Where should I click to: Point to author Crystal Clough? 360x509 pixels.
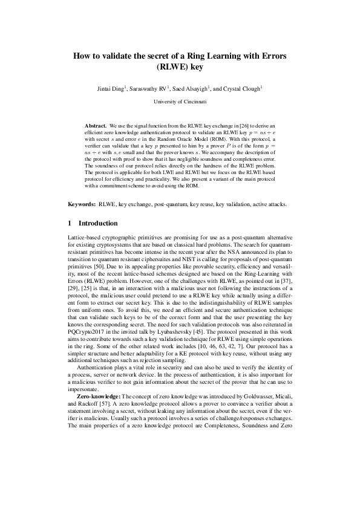(242, 89)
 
